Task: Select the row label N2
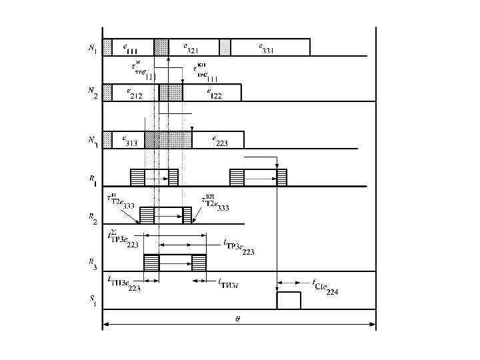tap(93, 95)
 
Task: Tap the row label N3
tap(93, 141)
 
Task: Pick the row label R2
tap(93, 217)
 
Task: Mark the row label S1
tap(93, 301)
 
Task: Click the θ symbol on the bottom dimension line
tap(238, 319)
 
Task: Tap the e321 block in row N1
tap(193, 47)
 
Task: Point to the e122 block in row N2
tap(211, 93)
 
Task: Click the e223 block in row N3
tap(218, 139)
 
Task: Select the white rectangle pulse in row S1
tap(289, 300)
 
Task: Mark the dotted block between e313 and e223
tap(168, 139)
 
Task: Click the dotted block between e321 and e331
tap(225, 47)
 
